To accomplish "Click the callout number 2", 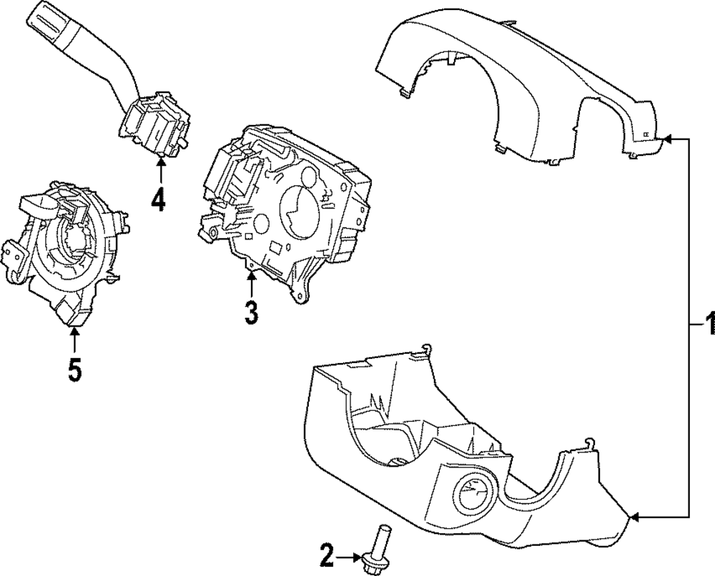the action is click(x=327, y=552).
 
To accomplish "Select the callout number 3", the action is click(x=250, y=312).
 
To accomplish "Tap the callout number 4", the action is click(x=158, y=199).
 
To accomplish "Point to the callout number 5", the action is click(x=74, y=369).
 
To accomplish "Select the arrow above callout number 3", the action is click(x=250, y=282).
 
